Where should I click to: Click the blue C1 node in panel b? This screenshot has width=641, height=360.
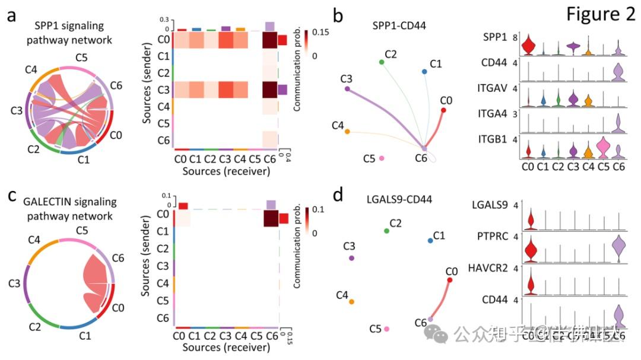(424, 72)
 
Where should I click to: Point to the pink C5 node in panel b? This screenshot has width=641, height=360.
(382, 158)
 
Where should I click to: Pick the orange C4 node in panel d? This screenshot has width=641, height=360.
(351, 301)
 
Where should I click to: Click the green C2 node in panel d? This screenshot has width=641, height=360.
(387, 230)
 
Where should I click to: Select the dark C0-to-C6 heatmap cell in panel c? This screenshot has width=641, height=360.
(271, 218)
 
